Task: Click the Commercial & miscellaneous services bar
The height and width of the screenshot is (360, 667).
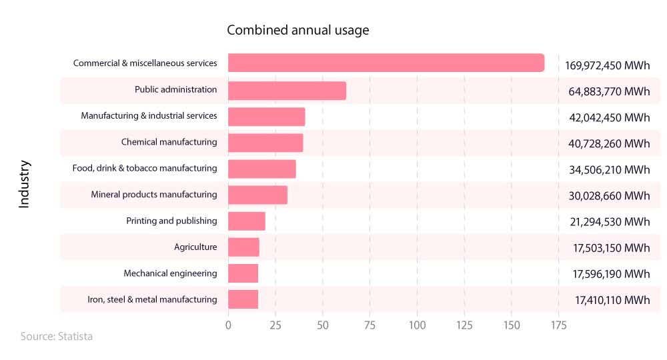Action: coord(386,63)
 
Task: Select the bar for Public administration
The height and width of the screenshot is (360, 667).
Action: coord(287,91)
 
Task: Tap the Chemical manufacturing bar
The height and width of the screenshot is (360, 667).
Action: coord(265,143)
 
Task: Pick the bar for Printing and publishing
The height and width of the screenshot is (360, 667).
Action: coord(247,221)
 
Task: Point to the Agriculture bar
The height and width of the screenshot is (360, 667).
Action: coord(243,247)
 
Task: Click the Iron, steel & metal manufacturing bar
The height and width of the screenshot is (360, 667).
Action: coord(243,300)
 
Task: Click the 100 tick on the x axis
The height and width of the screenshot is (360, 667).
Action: coord(417,325)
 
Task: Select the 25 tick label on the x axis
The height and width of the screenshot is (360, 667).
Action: coord(275,325)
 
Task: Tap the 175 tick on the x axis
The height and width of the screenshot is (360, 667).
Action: coord(558,325)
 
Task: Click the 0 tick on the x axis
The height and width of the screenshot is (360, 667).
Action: coord(228,325)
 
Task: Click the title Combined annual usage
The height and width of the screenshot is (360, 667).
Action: coord(297,31)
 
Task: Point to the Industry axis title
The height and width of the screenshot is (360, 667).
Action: coord(25,183)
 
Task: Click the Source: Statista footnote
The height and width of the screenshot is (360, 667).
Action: coord(57,337)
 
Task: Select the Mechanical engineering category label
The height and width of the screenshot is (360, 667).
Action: coord(170,273)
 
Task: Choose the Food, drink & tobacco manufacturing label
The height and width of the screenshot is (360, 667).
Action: coord(145,169)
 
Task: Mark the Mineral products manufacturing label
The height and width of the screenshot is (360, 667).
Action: coord(154,195)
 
